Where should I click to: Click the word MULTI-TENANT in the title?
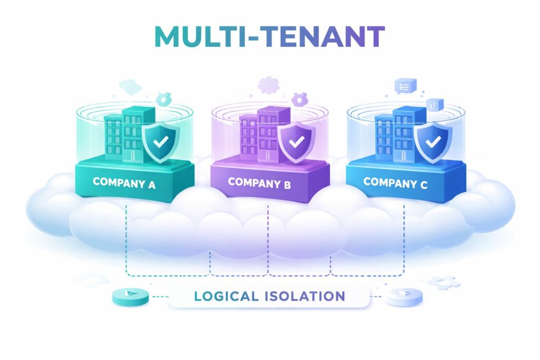click(x=269, y=37)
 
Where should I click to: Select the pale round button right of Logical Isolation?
click(x=404, y=297)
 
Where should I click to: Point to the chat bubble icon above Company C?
click(x=405, y=86)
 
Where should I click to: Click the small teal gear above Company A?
click(x=165, y=98)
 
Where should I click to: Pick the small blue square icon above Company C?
click(x=435, y=104)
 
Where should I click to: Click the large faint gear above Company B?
click(x=269, y=84)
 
